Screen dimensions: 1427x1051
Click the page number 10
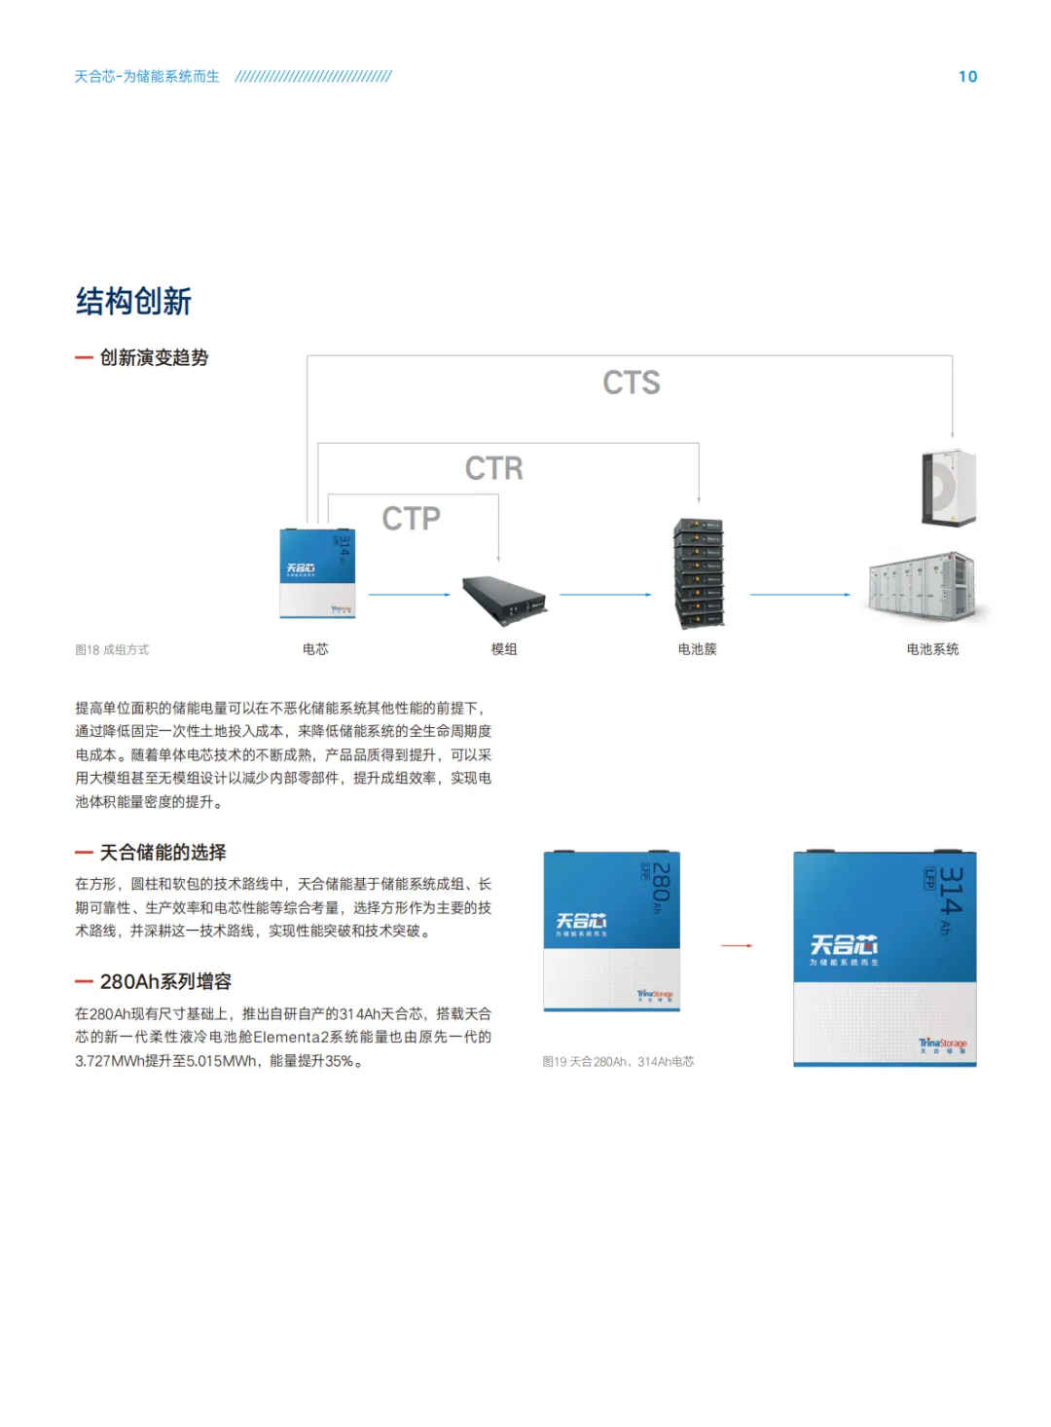click(x=967, y=77)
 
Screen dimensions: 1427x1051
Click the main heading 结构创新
click(x=134, y=302)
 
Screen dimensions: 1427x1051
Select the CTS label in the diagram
click(x=632, y=383)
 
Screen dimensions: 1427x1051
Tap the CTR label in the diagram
click(x=493, y=468)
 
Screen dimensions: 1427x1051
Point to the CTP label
click(x=411, y=519)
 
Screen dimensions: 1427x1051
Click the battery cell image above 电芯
click(x=317, y=573)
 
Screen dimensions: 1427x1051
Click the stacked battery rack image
click(x=699, y=573)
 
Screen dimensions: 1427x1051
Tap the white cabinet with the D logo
click(x=949, y=488)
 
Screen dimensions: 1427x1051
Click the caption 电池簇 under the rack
click(x=697, y=649)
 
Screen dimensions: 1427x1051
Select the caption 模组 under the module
click(x=504, y=649)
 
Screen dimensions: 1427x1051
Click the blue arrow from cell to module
click(x=409, y=594)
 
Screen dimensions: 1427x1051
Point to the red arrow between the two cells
click(x=737, y=945)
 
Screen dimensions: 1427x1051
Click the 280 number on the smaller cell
click(x=661, y=882)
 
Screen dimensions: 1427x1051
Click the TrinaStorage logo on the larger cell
click(x=942, y=1044)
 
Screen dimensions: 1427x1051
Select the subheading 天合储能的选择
click(x=163, y=853)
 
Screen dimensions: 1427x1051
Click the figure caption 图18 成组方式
click(x=112, y=650)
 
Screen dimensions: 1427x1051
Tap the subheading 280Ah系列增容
click(x=165, y=982)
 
